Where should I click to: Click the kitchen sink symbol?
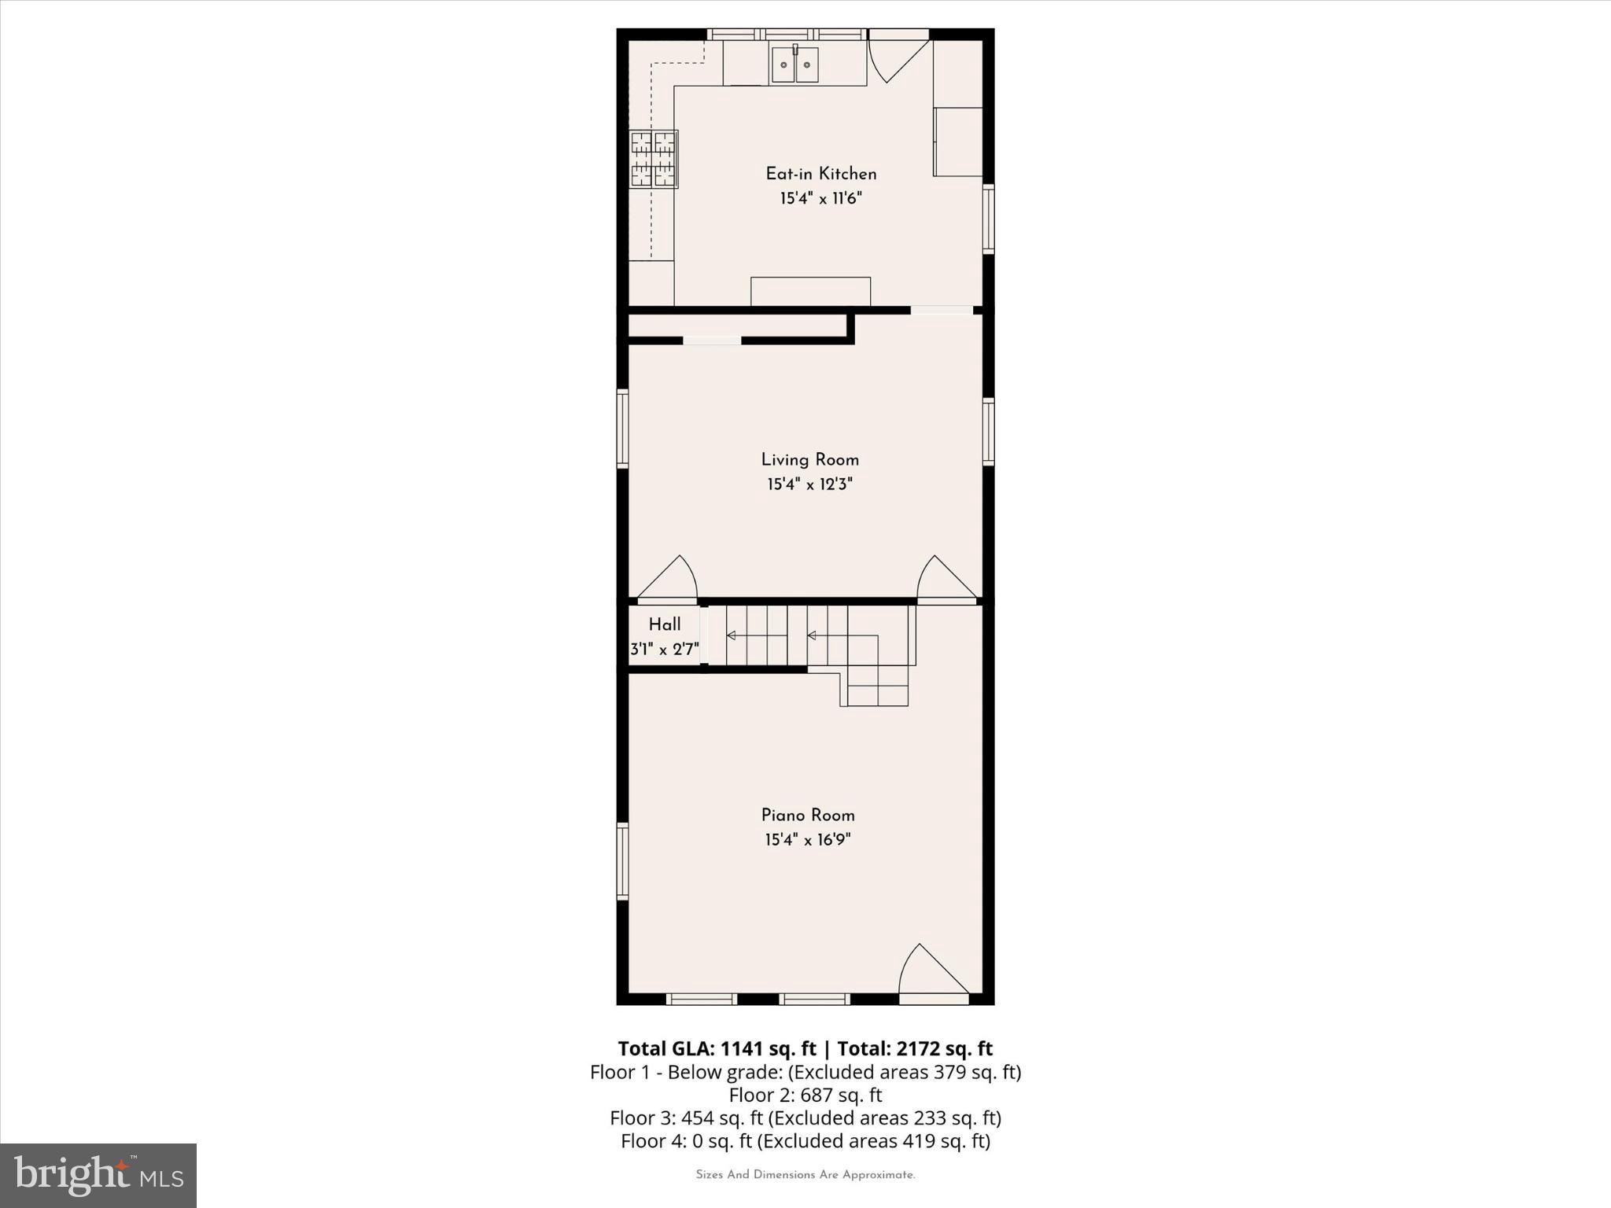click(794, 64)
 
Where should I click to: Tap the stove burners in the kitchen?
click(653, 160)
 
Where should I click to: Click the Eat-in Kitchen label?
click(820, 174)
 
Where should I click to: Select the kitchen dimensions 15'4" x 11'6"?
click(820, 198)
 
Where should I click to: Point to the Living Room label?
click(809, 460)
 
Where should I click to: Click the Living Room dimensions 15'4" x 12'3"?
click(809, 484)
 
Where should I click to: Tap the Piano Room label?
click(807, 816)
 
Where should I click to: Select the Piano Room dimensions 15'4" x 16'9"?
click(807, 840)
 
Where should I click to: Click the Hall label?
click(665, 625)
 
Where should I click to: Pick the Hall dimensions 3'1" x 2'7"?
click(665, 650)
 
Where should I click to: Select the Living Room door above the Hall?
click(668, 580)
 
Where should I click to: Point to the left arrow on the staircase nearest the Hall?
click(732, 635)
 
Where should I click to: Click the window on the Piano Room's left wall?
click(622, 860)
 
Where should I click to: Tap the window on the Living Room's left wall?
click(622, 429)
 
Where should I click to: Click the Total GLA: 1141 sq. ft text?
click(717, 1048)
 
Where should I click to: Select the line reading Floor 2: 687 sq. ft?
click(805, 1095)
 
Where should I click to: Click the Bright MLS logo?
click(98, 1175)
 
